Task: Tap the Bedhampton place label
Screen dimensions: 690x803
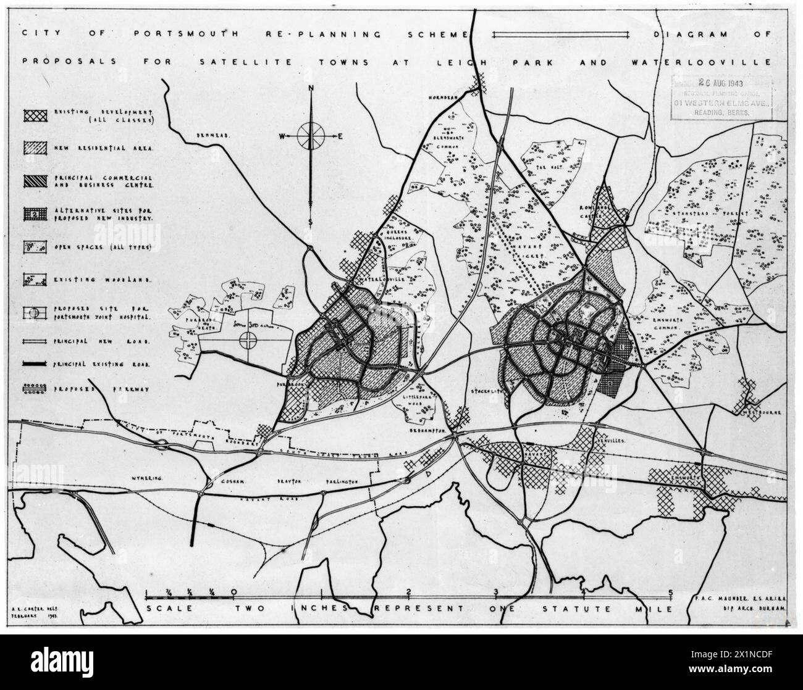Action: pos(427,431)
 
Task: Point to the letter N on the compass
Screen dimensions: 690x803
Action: pos(312,88)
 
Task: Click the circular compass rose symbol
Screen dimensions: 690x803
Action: pos(311,136)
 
